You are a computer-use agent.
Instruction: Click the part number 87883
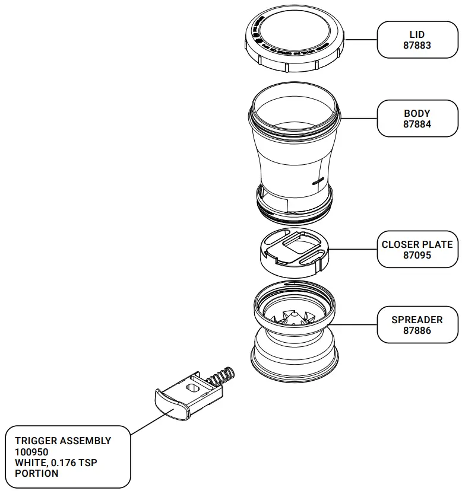pyautogui.click(x=417, y=46)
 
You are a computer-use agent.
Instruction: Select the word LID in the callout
pyautogui.click(x=417, y=34)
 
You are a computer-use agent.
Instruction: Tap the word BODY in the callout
pyautogui.click(x=417, y=113)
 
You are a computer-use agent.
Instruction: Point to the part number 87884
pyautogui.click(x=417, y=125)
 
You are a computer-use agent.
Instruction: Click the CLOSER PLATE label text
pyautogui.click(x=417, y=244)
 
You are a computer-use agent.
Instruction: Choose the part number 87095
pyautogui.click(x=417, y=256)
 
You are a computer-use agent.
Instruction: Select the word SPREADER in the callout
pyautogui.click(x=417, y=320)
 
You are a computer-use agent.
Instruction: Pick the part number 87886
pyautogui.click(x=417, y=331)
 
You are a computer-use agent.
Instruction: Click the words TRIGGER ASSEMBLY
pyautogui.click(x=63, y=441)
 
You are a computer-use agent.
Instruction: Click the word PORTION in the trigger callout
pyautogui.click(x=37, y=473)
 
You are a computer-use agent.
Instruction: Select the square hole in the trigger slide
pyautogui.click(x=192, y=387)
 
